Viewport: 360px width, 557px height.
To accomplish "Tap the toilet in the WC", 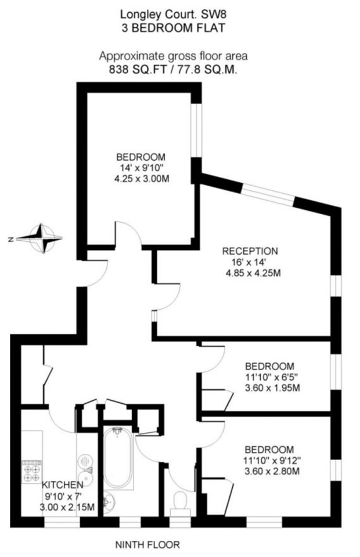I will pyautogui.click(x=179, y=501).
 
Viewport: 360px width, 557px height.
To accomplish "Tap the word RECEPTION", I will pyautogui.click(x=250, y=251).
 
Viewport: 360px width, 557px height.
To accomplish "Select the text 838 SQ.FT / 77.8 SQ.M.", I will pyautogui.click(x=174, y=68).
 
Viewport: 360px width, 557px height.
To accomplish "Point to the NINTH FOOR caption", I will pyautogui.click(x=147, y=545).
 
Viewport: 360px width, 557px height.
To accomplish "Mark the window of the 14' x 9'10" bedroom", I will pyautogui.click(x=198, y=131).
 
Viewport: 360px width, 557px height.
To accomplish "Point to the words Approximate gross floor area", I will pyautogui.click(x=174, y=56).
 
